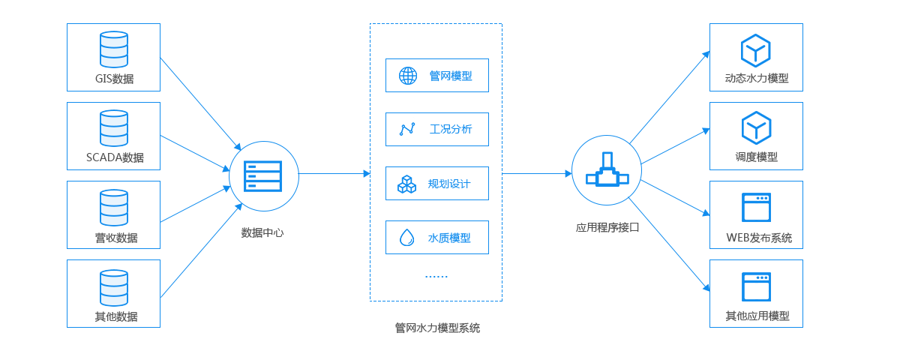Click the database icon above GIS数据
pyautogui.click(x=114, y=49)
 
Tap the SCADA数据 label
pyautogui.click(x=115, y=157)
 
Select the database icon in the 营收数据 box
pyautogui.click(x=114, y=208)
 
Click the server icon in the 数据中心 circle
pyautogui.click(x=263, y=176)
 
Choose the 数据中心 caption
pyautogui.click(x=262, y=232)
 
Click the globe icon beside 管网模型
pyautogui.click(x=408, y=75)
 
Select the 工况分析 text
pyautogui.click(x=451, y=129)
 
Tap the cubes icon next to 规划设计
pyautogui.click(x=407, y=184)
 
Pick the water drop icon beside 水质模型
pyautogui.click(x=407, y=238)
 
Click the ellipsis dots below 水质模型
pyautogui.click(x=436, y=277)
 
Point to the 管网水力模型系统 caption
pyautogui.click(x=437, y=328)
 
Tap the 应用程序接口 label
pyautogui.click(x=607, y=227)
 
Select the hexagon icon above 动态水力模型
pyautogui.click(x=756, y=50)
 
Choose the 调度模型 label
pyautogui.click(x=756, y=157)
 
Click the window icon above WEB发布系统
pyautogui.click(x=756, y=208)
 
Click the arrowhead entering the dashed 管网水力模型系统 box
pyautogui.click(x=366, y=173)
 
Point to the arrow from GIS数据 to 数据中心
pyautogui.click(x=200, y=104)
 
